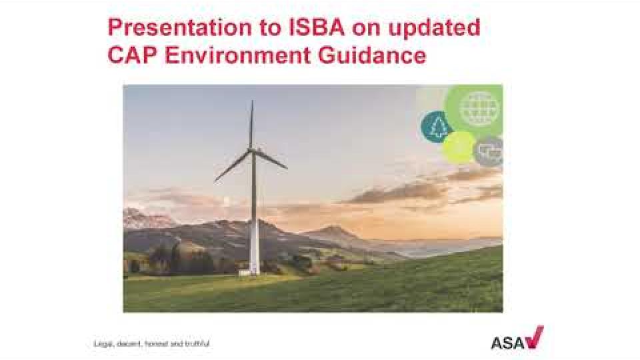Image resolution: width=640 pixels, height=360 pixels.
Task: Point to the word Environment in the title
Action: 237,55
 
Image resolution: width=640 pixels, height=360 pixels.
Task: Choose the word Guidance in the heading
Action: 372,55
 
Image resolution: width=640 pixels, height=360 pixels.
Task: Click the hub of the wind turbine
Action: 253,151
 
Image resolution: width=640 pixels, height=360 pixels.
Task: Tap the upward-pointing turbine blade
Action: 252,125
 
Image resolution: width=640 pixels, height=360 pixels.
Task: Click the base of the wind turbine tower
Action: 254,271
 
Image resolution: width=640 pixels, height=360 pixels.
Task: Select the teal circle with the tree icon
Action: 436,127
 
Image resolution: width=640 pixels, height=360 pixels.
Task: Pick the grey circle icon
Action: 489,151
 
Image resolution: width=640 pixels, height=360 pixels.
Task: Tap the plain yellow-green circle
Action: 459,147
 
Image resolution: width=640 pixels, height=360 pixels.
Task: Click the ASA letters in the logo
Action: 507,343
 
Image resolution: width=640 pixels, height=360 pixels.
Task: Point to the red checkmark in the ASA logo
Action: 534,337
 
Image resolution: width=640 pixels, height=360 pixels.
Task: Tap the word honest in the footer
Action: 157,344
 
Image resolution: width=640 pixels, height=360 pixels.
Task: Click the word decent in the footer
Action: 129,344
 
